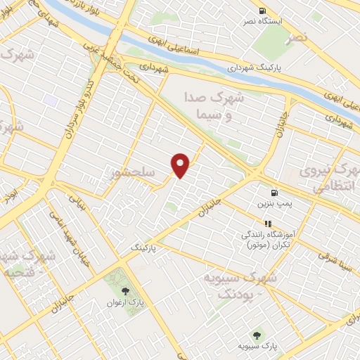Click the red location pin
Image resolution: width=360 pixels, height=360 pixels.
pos(181,165)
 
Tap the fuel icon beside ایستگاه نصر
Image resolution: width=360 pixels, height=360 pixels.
pos(262,11)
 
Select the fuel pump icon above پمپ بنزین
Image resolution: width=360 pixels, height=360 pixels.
pos(273,192)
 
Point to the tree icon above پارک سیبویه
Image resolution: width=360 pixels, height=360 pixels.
pos(257,335)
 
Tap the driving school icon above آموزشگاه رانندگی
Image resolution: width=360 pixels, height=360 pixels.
pos(267,224)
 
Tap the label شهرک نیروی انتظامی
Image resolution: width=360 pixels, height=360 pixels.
pos(328,179)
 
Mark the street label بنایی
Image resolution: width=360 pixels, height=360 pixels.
pos(75,204)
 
